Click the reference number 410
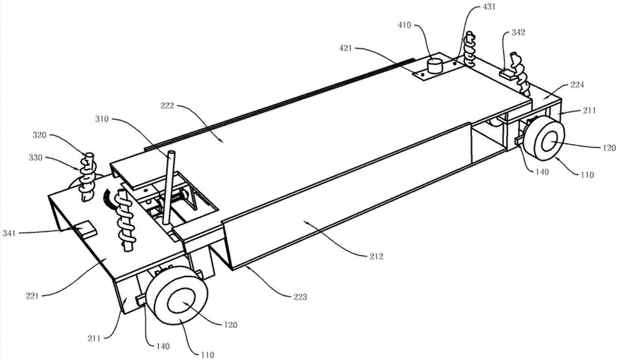coord(404,25)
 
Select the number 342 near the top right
coord(518,33)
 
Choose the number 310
coord(102,119)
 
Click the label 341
coord(9,233)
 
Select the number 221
coord(32,295)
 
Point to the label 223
coord(300,296)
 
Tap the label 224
coord(577,85)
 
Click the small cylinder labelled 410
coord(436,65)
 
